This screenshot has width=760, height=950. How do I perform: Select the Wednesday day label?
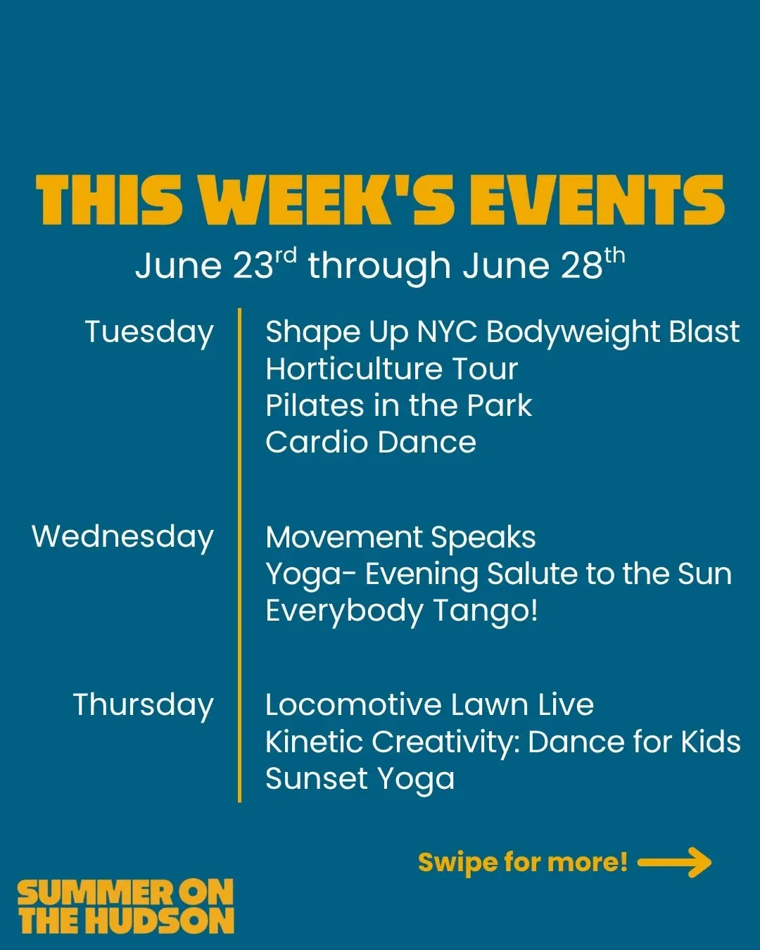(x=122, y=538)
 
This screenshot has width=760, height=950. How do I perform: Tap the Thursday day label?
(x=144, y=705)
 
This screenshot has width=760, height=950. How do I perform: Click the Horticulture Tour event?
(x=392, y=369)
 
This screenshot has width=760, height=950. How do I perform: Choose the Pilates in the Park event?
(x=399, y=405)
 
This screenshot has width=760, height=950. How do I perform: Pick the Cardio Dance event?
(x=371, y=442)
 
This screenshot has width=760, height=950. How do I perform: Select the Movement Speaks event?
(x=400, y=538)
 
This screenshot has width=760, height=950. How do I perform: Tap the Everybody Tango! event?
(x=402, y=612)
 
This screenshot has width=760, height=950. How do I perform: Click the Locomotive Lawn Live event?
(x=430, y=704)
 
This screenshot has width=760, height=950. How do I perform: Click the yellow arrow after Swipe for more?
(x=674, y=863)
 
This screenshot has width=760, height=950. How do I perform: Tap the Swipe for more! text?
(x=522, y=863)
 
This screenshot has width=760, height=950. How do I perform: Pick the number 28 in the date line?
(x=581, y=266)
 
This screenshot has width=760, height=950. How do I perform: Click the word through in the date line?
(x=379, y=267)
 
